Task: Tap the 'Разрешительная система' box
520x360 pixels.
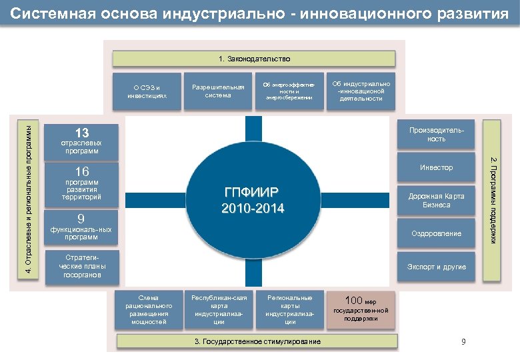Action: point(218,91)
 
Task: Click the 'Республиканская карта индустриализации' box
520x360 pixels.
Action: point(218,310)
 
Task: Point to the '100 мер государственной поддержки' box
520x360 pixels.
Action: point(361,309)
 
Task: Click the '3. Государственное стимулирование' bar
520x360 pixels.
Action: point(257,341)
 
